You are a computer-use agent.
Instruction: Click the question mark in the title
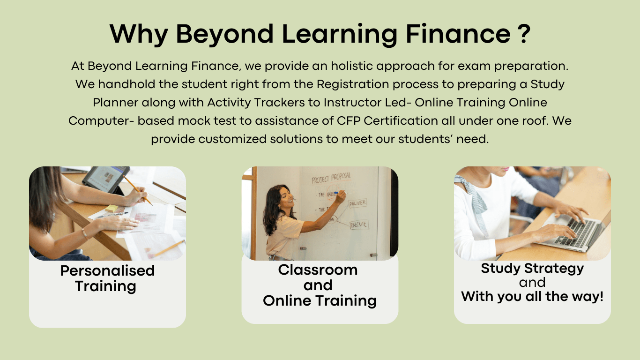point(525,34)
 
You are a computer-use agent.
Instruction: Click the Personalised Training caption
point(107,278)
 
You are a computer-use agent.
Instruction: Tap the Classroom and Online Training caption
point(320,285)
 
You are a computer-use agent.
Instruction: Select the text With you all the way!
point(532,296)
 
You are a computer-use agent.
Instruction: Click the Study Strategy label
point(532,269)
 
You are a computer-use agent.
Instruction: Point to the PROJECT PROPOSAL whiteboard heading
point(331,178)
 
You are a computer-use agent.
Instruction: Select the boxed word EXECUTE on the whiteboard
point(359,225)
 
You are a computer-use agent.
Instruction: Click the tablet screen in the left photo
point(105,179)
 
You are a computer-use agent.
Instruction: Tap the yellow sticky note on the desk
point(112,208)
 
